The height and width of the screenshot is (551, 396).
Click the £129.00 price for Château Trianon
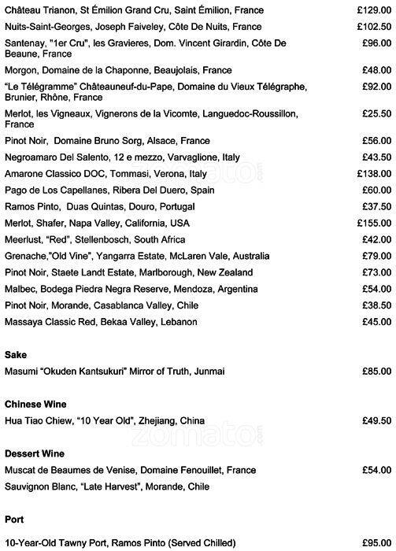[x=374, y=9]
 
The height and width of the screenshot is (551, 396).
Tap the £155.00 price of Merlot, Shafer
[x=374, y=224]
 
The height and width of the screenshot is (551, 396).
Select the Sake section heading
[x=16, y=354]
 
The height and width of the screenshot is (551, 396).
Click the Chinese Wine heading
[x=35, y=404]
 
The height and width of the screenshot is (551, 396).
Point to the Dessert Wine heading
[x=35, y=454]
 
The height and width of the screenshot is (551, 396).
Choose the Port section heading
[x=14, y=520]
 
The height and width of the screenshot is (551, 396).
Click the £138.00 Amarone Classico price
[x=374, y=173]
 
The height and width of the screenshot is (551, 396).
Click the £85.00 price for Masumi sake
[x=376, y=372]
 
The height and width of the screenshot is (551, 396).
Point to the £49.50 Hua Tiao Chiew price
[x=376, y=421]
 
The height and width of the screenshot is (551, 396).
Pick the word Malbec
[x=20, y=289]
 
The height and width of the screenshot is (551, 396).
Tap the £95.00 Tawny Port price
[x=376, y=543]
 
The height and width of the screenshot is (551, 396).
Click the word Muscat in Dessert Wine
[x=21, y=471]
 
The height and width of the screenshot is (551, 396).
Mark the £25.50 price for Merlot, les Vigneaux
[x=376, y=114]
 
